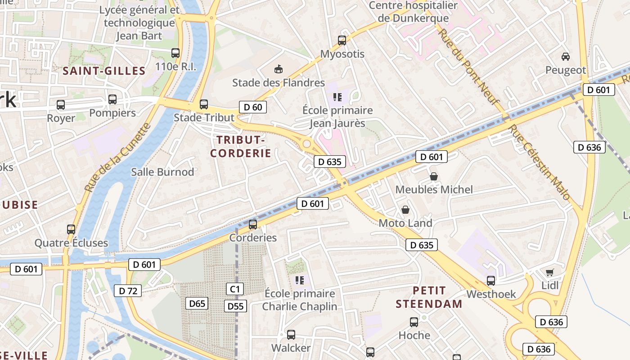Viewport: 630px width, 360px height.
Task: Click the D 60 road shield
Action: point(252,107)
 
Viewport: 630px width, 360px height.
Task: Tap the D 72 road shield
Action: point(128,291)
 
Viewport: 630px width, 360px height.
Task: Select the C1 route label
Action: point(235,288)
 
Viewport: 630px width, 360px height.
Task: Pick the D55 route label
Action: point(235,306)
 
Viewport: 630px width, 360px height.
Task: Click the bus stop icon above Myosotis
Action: point(342,40)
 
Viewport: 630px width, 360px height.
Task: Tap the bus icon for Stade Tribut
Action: point(204,104)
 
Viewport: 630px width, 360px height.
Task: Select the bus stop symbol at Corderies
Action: point(253,224)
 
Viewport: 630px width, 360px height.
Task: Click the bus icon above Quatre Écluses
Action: point(71,229)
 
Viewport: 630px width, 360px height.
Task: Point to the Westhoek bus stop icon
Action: point(491,281)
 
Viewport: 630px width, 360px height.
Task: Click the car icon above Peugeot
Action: point(566,57)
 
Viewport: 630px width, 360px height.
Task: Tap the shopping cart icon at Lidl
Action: point(549,272)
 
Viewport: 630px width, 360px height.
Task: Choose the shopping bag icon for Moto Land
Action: point(405,210)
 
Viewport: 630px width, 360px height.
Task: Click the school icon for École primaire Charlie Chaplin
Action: point(300,280)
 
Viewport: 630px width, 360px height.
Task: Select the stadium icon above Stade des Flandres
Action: point(279,69)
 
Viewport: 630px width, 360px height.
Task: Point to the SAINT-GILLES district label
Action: point(104,71)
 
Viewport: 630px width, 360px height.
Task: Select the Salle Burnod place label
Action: point(162,172)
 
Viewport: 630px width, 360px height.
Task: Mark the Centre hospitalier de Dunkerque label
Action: point(413,12)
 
